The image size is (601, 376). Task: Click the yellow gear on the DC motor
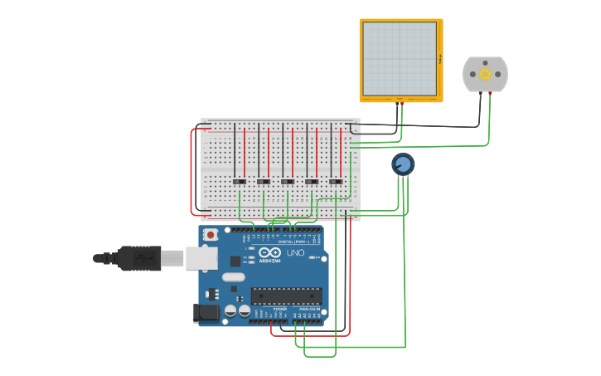(486, 75)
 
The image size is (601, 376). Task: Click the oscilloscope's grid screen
(400, 58)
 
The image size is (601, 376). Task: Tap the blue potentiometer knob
(403, 164)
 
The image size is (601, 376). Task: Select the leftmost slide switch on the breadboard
(239, 182)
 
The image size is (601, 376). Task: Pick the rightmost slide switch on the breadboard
(336, 182)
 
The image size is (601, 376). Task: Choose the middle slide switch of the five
(288, 182)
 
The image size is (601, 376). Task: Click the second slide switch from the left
(264, 182)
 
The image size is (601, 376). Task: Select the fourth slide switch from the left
(312, 182)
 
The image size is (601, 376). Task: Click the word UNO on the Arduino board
(295, 252)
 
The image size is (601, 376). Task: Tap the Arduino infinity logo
(270, 252)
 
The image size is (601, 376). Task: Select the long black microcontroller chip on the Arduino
(286, 295)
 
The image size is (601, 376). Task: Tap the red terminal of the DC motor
(491, 93)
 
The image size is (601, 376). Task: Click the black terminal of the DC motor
(480, 93)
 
